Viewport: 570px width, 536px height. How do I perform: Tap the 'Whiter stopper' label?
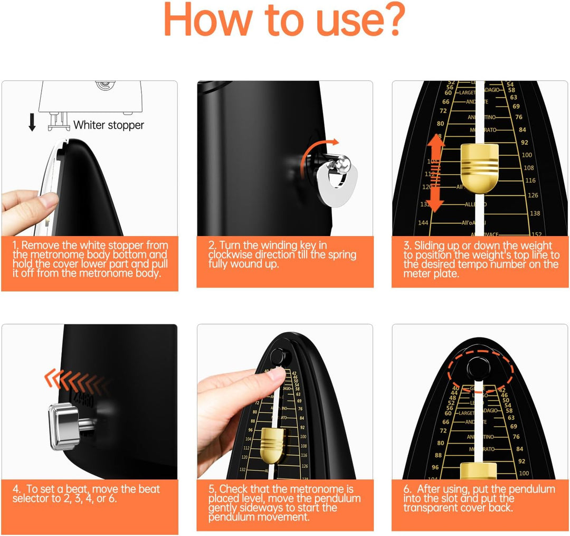[108, 125]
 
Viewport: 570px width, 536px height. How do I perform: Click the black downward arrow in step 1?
[32, 121]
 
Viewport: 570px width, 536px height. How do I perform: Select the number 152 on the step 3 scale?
[536, 234]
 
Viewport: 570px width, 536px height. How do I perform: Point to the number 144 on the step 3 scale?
[423, 223]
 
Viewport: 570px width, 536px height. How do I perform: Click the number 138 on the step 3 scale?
[535, 213]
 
